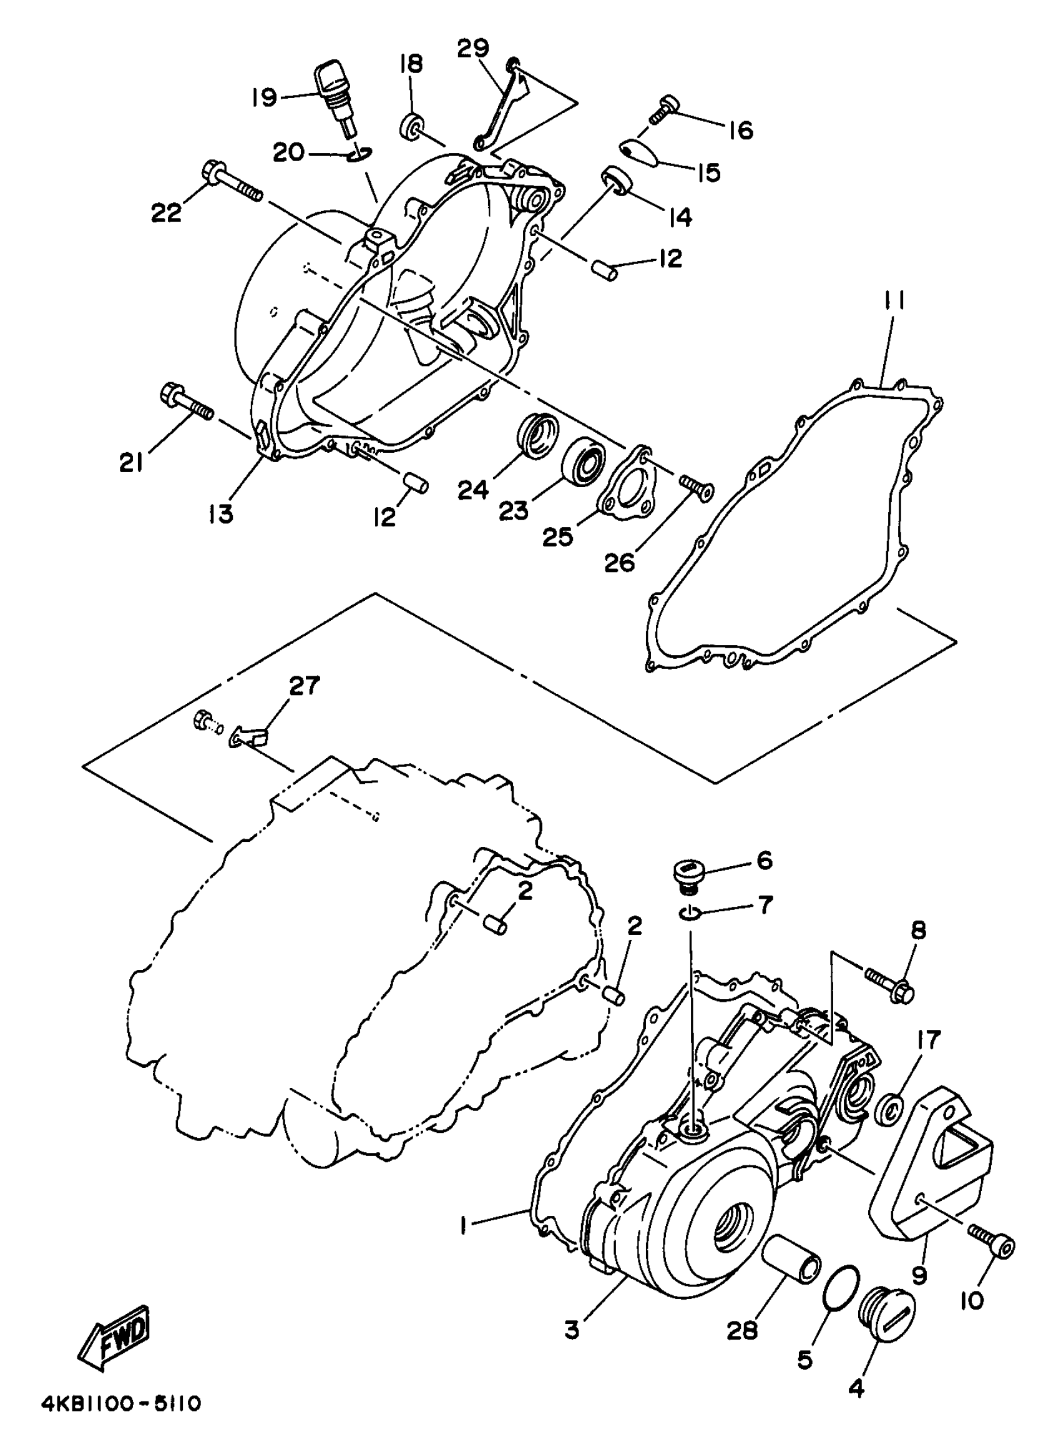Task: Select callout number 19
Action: (264, 97)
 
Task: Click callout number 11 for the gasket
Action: (897, 301)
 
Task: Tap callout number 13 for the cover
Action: (220, 513)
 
